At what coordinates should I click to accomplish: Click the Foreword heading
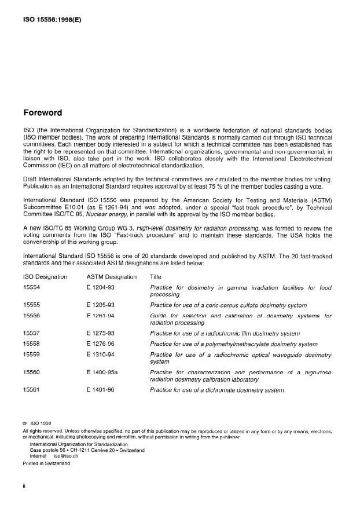click(42, 112)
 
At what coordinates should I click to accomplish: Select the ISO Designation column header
click(45, 277)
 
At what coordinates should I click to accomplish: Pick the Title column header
click(156, 277)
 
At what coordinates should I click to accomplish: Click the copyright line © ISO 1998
click(38, 422)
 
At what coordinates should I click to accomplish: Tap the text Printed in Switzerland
click(46, 463)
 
